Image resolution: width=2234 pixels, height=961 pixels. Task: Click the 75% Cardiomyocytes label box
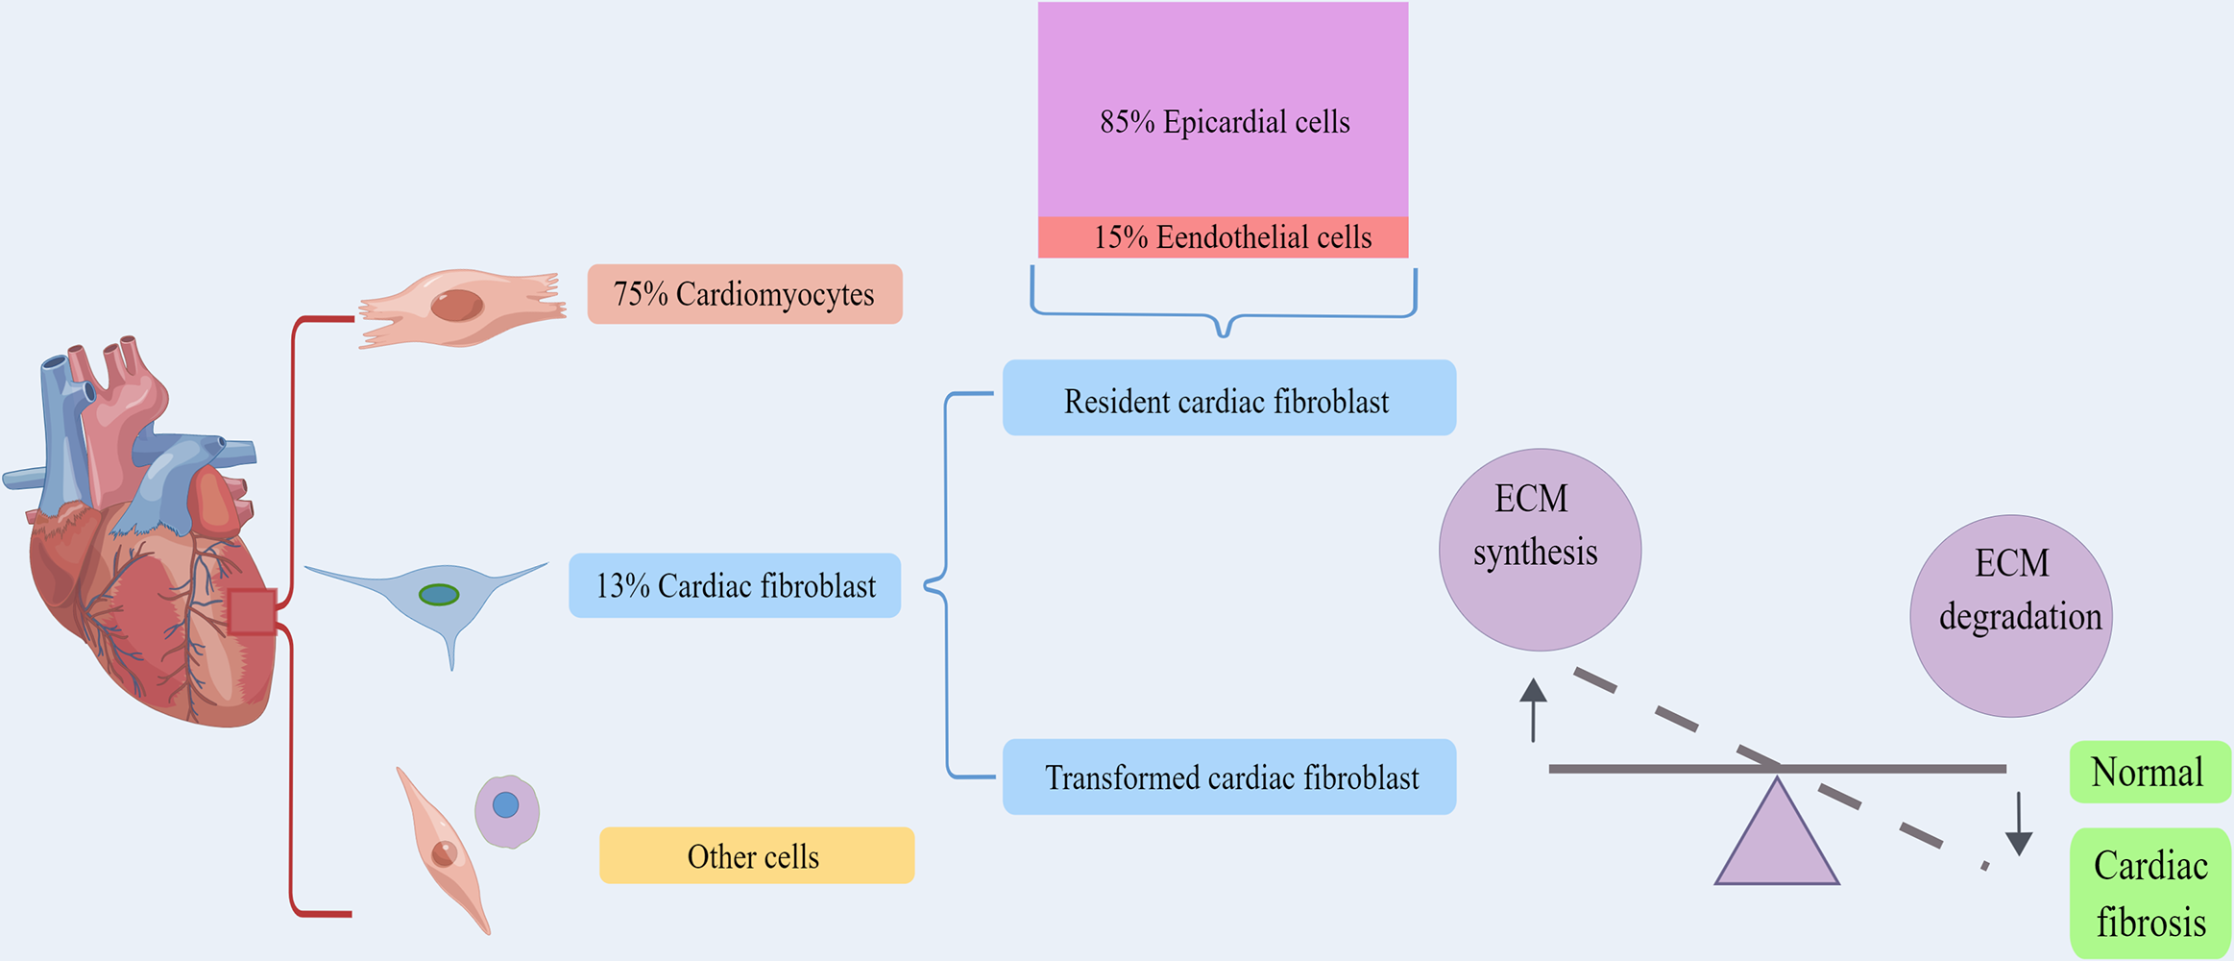coord(744,294)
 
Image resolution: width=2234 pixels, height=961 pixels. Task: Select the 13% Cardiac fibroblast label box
coord(735,585)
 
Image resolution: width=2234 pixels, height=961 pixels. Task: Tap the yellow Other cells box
coord(757,855)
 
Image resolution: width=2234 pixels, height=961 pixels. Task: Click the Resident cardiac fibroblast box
coord(1228,398)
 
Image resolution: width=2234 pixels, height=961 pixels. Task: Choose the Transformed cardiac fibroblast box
coord(1228,776)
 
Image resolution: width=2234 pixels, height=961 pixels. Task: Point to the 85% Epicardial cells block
coord(1223,111)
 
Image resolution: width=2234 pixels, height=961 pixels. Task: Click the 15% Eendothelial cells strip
coord(1223,237)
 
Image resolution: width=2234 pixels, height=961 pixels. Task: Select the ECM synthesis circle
coord(1540,550)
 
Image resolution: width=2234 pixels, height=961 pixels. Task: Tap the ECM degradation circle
coord(2010,616)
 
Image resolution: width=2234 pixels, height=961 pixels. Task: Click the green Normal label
coord(2149,772)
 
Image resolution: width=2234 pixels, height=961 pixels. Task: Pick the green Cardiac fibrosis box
coord(2149,894)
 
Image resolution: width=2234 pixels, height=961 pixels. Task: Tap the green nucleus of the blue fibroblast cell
coord(439,595)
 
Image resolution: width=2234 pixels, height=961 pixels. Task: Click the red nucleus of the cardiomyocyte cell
coord(457,306)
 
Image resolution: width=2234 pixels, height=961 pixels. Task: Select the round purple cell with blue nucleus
coord(507,811)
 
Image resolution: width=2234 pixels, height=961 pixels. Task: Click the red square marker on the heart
coord(253,612)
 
